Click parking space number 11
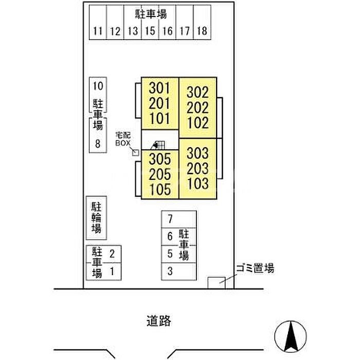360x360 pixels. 98,31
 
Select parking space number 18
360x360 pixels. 202,31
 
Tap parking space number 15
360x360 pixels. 150,31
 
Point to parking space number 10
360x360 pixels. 98,86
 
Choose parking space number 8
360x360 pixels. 98,143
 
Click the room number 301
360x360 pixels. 159,88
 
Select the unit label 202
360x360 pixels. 197,107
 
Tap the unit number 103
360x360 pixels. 198,184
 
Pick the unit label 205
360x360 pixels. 160,174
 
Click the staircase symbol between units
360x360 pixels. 158,145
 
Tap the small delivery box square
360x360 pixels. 135,153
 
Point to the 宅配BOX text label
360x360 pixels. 123,139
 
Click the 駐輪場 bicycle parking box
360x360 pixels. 97,218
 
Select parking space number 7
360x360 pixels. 170,219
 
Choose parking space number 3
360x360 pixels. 170,271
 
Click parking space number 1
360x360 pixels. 112,272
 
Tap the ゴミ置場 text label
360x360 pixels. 255,268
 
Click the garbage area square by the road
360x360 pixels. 217,283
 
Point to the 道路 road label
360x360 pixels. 159,321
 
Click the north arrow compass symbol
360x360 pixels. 291,336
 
